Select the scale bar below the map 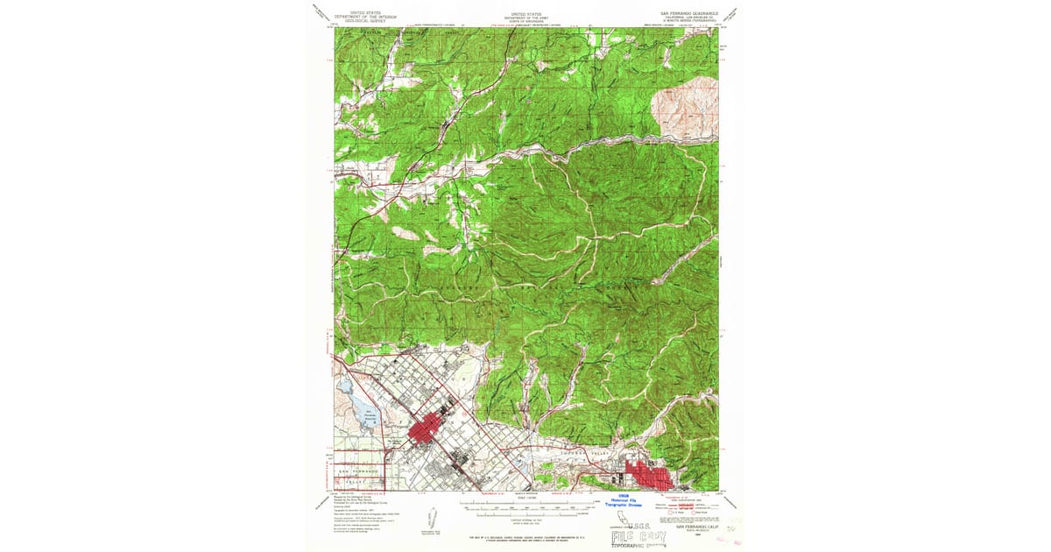[525, 506]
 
